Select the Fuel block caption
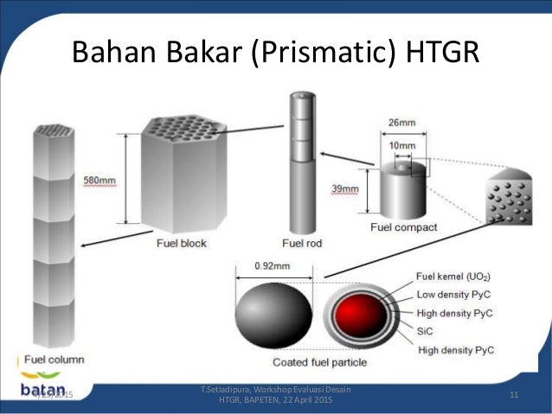coord(182,244)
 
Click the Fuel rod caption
coord(303,244)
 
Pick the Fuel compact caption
coord(403,227)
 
